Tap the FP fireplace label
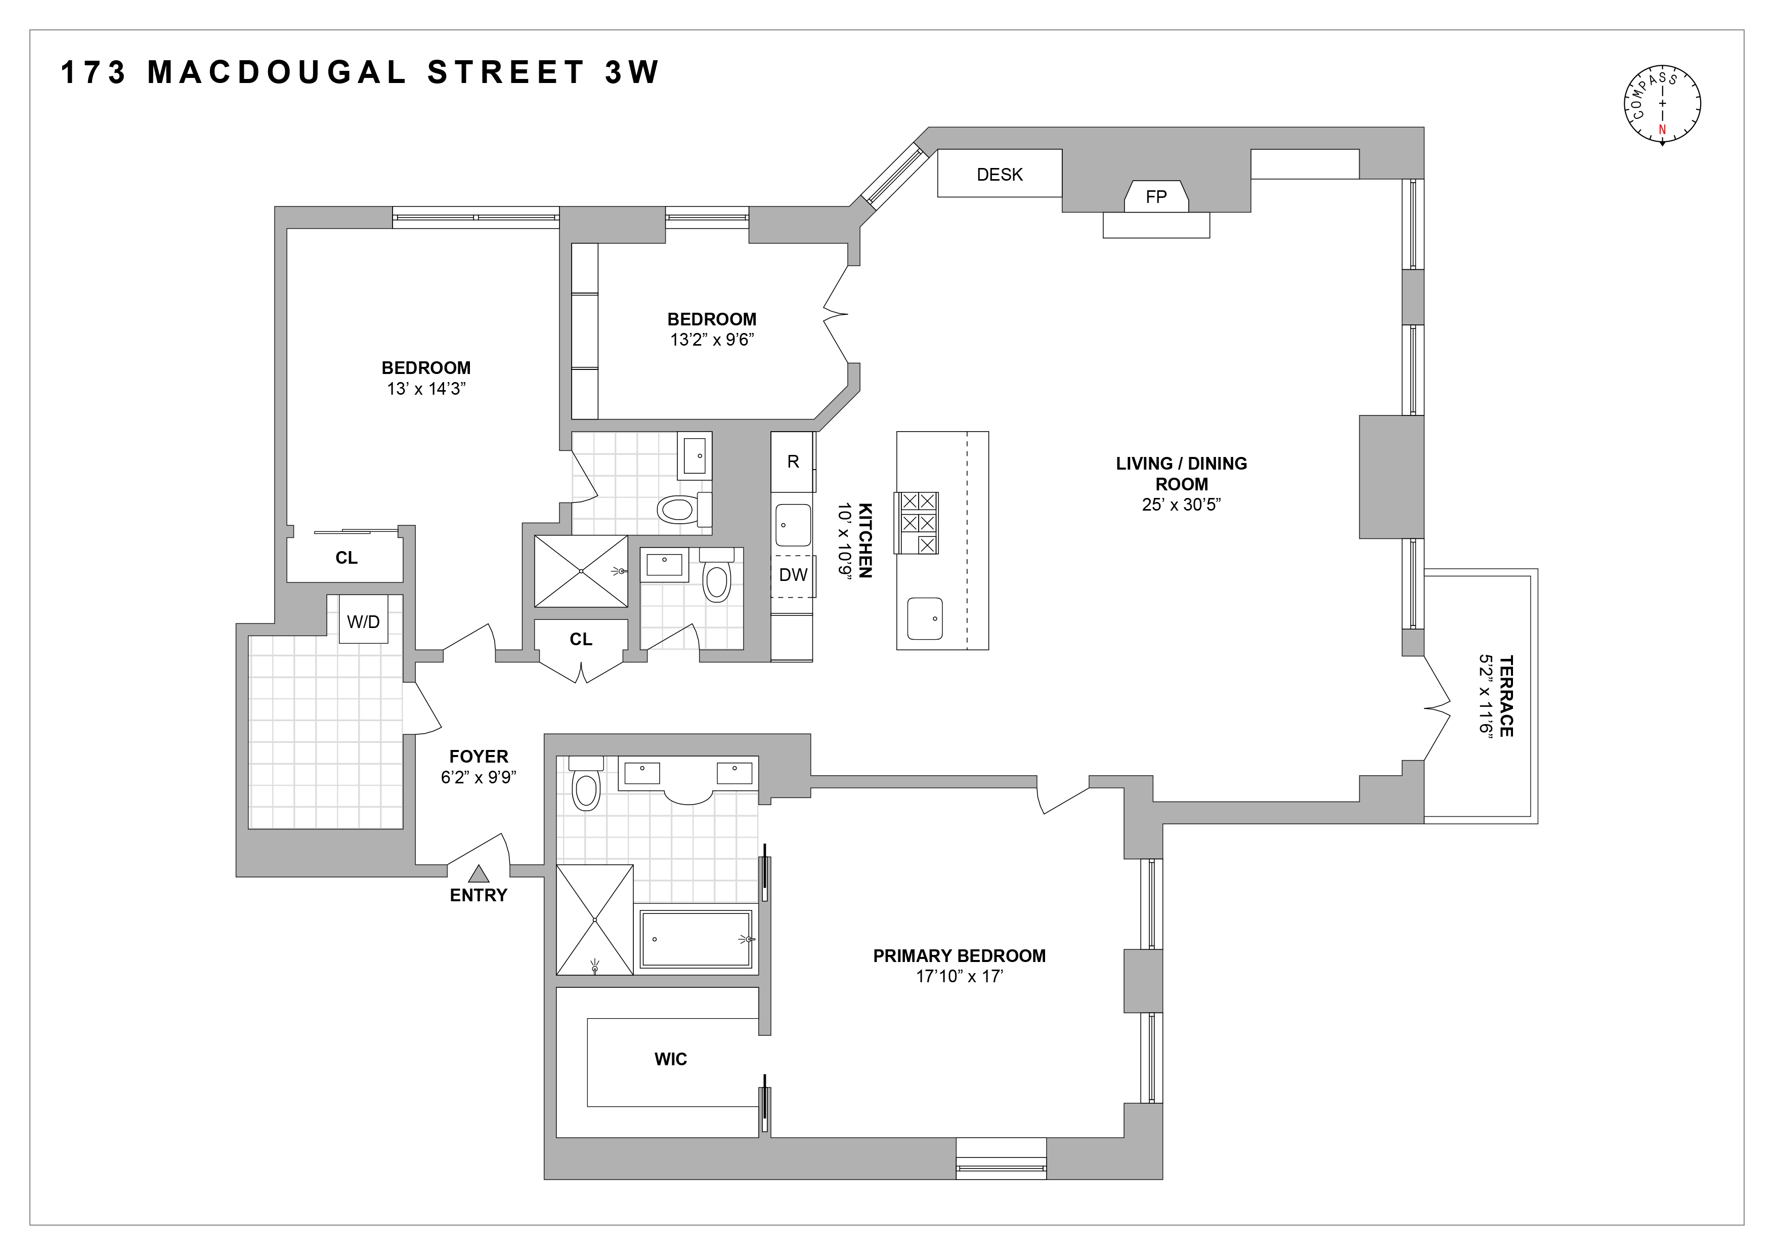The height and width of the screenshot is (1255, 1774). (x=1156, y=197)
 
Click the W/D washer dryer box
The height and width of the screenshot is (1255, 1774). (x=363, y=621)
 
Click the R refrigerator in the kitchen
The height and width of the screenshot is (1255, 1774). (x=793, y=462)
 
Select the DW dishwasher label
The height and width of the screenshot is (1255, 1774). (x=793, y=575)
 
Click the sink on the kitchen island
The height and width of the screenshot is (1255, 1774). (x=925, y=618)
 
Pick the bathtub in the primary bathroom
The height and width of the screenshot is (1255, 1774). (x=696, y=939)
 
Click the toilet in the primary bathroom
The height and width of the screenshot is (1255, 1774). (x=586, y=784)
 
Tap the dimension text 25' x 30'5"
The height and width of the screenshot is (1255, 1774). (x=1181, y=505)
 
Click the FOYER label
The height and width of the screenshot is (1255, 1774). (x=479, y=757)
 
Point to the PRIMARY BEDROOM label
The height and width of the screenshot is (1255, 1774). (x=959, y=956)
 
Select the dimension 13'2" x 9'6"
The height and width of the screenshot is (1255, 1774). (x=712, y=340)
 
